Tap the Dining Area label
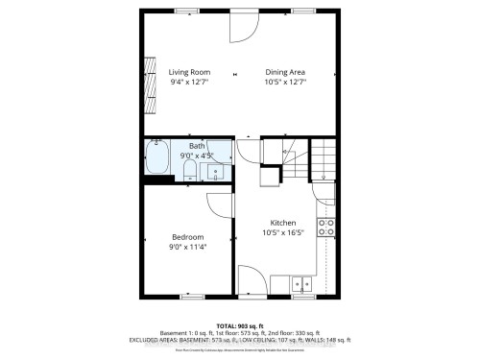click(x=286, y=72)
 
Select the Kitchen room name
click(x=283, y=222)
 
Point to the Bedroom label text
click(x=188, y=237)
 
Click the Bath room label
click(x=196, y=145)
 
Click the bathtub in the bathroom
click(x=157, y=158)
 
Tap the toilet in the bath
click(x=190, y=171)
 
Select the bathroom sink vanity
click(x=217, y=170)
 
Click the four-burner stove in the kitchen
click(x=326, y=228)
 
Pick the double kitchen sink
click(x=302, y=283)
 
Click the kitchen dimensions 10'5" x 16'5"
click(x=283, y=232)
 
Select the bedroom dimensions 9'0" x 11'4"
click(x=188, y=248)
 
